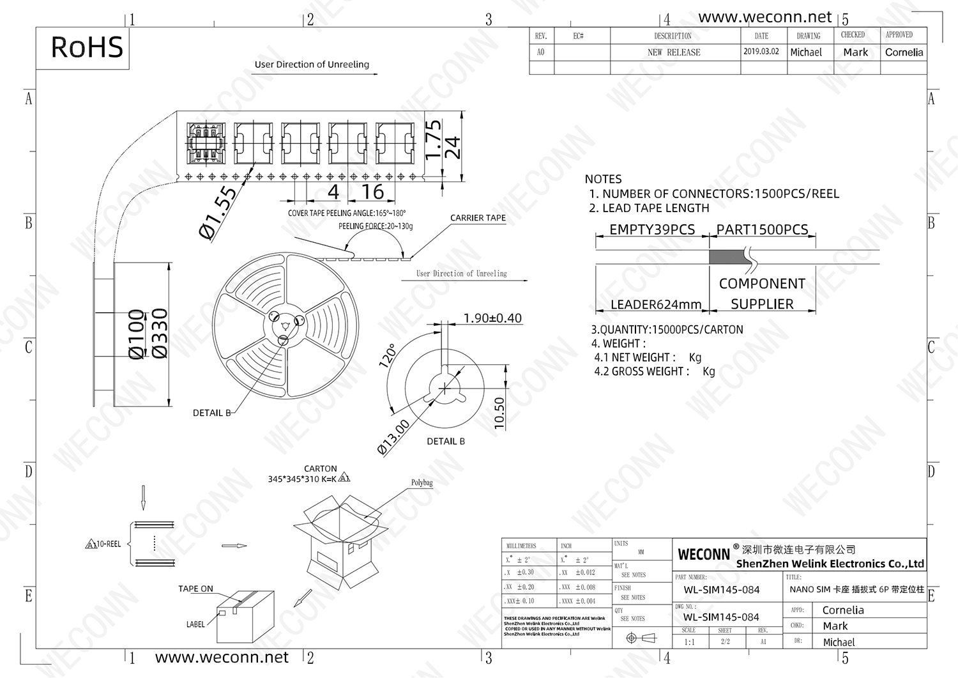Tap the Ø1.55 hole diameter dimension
click(x=217, y=213)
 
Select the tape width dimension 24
click(x=452, y=148)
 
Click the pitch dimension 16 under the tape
click(x=372, y=192)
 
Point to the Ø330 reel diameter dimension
click(x=159, y=334)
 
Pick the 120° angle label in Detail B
click(x=388, y=355)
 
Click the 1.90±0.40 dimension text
click(x=492, y=318)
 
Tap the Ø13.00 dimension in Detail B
click(x=393, y=438)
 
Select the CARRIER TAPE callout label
click(x=478, y=218)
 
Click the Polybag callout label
click(x=422, y=482)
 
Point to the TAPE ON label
click(x=195, y=589)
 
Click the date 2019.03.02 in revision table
click(x=761, y=52)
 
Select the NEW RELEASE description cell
click(x=674, y=52)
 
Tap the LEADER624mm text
click(x=656, y=305)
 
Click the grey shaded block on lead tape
click(x=729, y=257)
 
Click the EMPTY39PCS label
click(x=651, y=229)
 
